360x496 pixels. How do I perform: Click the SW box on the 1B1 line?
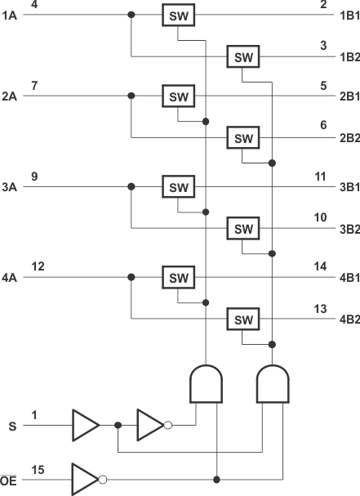point(178,16)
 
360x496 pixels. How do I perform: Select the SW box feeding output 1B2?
point(243,56)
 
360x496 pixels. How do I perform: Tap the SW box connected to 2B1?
point(178,96)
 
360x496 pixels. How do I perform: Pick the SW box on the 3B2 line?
point(243,228)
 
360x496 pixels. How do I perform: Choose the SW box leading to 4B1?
point(178,279)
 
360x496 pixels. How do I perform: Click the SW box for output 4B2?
point(243,319)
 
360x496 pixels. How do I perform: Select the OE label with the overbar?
point(10,480)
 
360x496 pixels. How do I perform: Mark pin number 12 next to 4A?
point(38,266)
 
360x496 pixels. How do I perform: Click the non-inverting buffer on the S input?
point(84,425)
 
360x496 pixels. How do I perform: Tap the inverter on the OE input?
point(86,479)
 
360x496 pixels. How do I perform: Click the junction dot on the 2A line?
point(131,96)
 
